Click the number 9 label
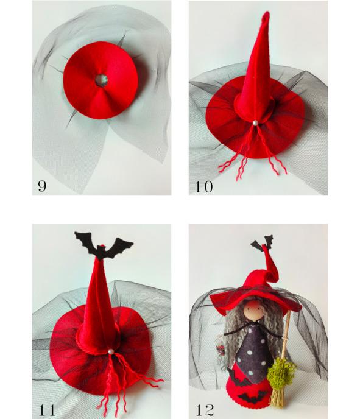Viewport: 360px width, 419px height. tap(42, 186)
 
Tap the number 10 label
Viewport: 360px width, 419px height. tap(204, 186)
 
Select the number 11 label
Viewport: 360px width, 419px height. tap(48, 410)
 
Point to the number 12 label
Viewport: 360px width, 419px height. tap(205, 410)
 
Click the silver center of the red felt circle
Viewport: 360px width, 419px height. tap(102, 80)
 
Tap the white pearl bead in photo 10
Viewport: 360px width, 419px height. tap(255, 123)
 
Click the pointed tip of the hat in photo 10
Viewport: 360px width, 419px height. tap(266, 13)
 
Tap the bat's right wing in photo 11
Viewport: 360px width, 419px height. tap(121, 245)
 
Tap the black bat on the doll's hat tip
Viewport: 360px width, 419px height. tap(262, 242)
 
